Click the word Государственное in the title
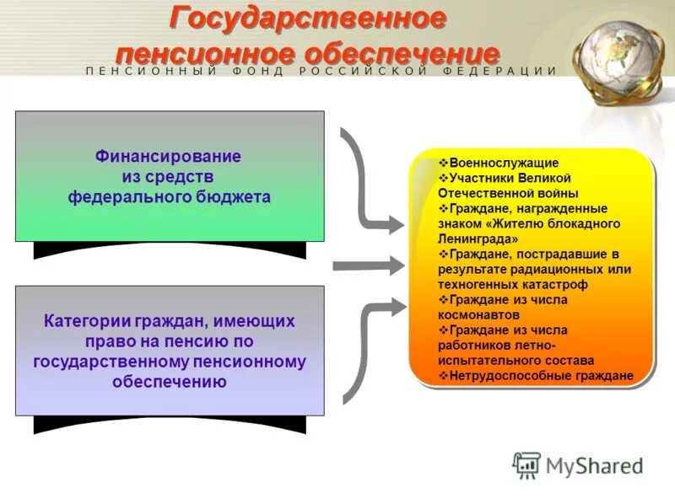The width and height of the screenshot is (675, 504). (308, 18)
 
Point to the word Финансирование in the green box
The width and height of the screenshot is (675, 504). (168, 157)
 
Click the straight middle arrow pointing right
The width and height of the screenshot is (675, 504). (367, 266)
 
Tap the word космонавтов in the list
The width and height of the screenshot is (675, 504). (473, 314)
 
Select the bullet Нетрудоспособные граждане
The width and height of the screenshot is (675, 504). (540, 376)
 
